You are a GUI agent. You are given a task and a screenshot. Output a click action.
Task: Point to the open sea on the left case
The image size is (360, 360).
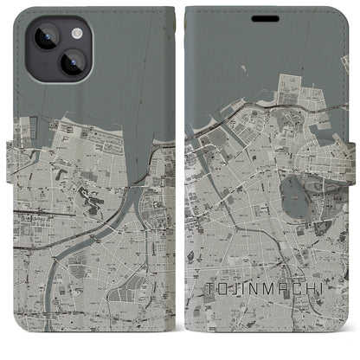112,69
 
